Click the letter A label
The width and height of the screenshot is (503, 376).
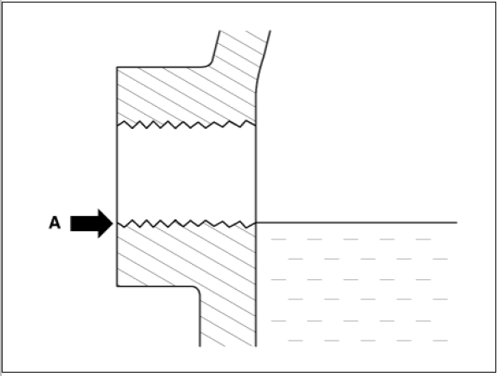click(55, 223)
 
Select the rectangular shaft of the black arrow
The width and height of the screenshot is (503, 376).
click(84, 223)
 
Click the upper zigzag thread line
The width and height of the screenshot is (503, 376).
click(186, 124)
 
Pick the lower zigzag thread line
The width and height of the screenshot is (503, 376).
click(186, 223)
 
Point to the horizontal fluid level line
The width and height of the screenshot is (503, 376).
click(356, 223)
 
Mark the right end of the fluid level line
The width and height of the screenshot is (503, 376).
click(457, 223)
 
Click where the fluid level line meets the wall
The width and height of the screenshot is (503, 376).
click(256, 223)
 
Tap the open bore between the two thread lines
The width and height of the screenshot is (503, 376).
click(186, 174)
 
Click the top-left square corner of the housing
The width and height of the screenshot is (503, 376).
click(117, 67)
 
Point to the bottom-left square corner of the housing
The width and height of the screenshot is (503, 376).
click(117, 286)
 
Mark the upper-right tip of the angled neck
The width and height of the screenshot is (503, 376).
click(270, 31)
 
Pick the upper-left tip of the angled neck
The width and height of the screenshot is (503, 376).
click(219, 31)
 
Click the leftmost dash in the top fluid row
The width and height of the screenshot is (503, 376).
click(278, 239)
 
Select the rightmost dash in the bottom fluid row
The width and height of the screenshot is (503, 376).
click(440, 341)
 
